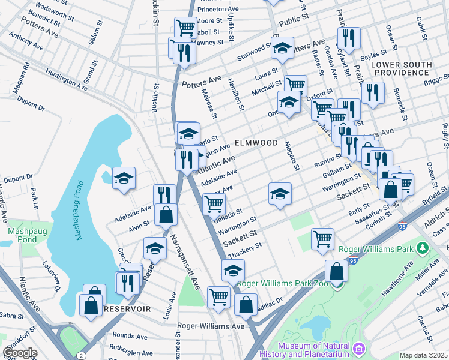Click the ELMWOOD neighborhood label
click(x=256, y=143)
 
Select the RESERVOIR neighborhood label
click(x=127, y=308)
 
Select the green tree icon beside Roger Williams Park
click(x=423, y=247)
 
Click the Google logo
click(x=20, y=353)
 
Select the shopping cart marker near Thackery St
click(x=323, y=238)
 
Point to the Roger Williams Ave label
click(x=211, y=326)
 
